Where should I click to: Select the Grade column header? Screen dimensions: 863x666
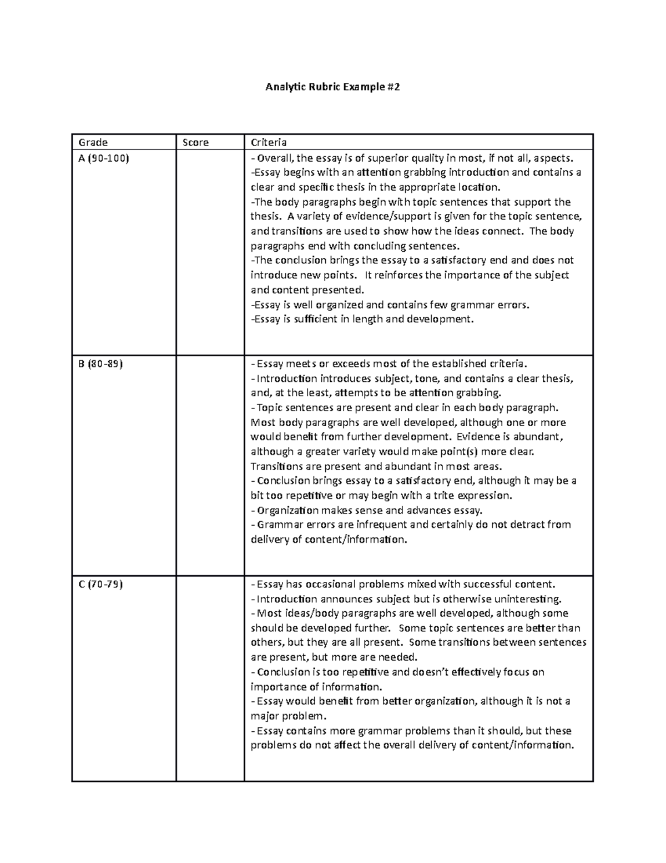click(x=93, y=142)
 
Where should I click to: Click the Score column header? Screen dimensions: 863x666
click(x=196, y=142)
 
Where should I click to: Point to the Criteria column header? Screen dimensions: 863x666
click(x=269, y=142)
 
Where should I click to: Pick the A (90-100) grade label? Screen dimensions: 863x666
click(x=104, y=158)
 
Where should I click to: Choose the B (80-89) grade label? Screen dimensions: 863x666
click(x=101, y=364)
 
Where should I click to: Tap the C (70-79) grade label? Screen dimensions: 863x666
click(x=101, y=584)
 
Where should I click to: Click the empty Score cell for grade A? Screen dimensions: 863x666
click(x=210, y=252)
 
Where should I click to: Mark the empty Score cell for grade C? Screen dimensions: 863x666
click(x=210, y=678)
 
